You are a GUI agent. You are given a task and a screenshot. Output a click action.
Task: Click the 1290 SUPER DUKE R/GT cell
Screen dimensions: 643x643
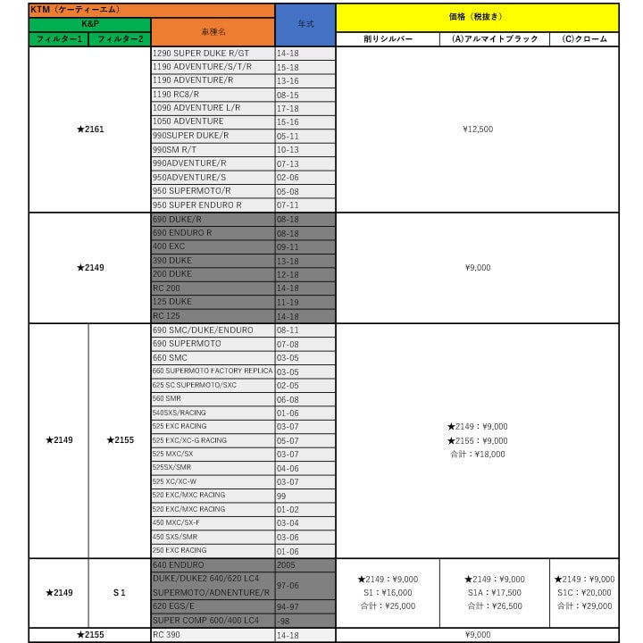[213, 53]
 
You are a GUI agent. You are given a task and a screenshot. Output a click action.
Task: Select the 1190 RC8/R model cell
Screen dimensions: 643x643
[213, 94]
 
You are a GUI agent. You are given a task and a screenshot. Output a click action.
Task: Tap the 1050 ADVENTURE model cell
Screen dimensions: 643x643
[213, 121]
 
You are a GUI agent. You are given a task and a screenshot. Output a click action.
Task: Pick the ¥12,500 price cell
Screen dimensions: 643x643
[478, 129]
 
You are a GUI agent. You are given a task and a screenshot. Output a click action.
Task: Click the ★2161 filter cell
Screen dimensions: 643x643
[89, 129]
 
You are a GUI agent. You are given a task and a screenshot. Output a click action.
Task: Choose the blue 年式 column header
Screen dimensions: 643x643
[305, 24]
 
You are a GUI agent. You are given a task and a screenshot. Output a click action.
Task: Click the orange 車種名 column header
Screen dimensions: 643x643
[213, 31]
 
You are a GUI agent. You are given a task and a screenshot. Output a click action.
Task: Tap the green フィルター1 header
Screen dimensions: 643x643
[59, 39]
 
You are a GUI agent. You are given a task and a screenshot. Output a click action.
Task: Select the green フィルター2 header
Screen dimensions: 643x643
[120, 39]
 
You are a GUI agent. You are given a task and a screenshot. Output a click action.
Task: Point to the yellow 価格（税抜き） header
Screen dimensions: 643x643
[478, 17]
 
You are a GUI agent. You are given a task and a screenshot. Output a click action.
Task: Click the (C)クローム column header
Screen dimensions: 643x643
[584, 39]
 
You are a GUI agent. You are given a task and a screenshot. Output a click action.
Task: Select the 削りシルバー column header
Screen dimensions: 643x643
[388, 39]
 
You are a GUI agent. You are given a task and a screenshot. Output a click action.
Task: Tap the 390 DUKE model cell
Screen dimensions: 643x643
[213, 261]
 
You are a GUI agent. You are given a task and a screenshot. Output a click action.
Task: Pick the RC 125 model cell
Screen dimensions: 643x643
[213, 316]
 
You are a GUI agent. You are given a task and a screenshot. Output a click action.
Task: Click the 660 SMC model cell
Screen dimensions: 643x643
[213, 357]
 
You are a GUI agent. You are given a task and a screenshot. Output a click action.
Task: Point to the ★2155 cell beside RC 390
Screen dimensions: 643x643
[89, 635]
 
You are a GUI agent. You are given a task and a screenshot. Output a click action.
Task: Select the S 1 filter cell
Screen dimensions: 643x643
[120, 592]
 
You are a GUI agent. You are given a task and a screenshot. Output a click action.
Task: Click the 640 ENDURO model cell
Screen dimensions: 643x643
[213, 565]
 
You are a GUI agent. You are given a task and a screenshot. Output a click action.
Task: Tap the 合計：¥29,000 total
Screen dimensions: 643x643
[584, 606]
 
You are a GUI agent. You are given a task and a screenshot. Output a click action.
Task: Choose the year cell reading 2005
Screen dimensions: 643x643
[305, 565]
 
